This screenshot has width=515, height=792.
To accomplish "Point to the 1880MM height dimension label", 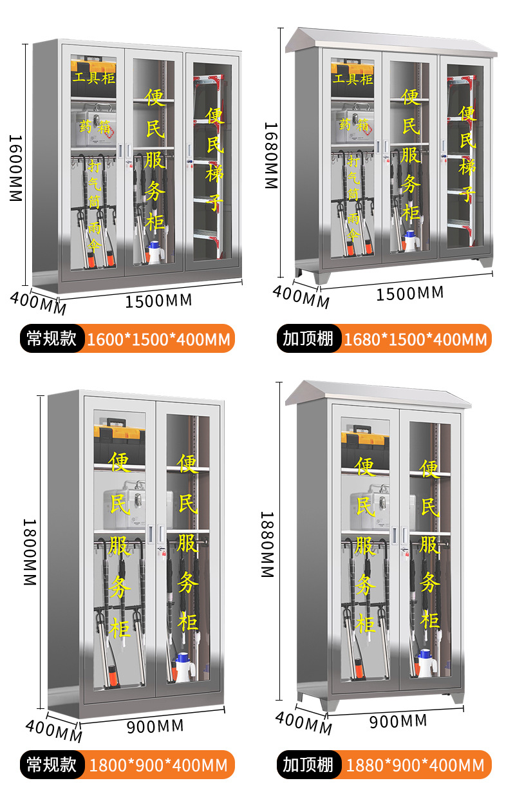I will point(268,544).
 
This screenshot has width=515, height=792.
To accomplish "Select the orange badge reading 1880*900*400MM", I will point(415,765).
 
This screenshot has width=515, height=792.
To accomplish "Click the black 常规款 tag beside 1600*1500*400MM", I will point(51,339).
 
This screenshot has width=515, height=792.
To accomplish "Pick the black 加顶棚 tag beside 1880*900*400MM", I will point(308,764).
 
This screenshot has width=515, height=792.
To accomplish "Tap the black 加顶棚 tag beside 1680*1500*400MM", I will point(308,339).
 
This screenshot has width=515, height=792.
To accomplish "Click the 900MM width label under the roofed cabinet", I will point(398,721).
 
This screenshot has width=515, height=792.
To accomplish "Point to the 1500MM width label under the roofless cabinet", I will point(158,300).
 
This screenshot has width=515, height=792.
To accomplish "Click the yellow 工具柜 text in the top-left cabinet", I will point(94,79).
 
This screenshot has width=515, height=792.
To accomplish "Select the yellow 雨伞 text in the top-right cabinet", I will point(353,227).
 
